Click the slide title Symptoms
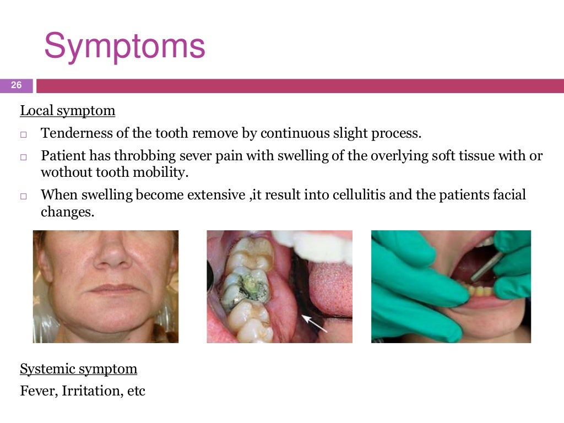tap(124, 47)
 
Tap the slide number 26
tap(16, 85)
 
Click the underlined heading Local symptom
tap(68, 111)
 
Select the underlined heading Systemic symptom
tap(78, 368)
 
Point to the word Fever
tap(38, 391)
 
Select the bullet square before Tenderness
tap(24, 134)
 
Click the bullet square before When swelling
tap(24, 196)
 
